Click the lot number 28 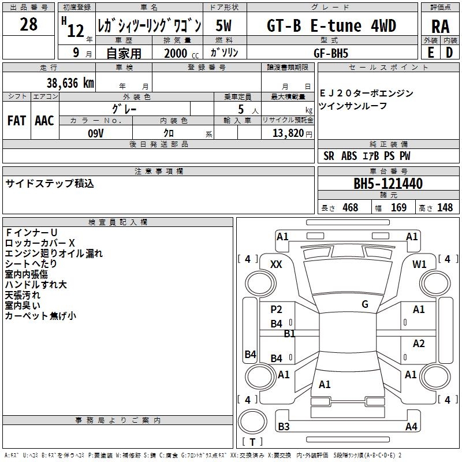[28, 24]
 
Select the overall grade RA [440, 27]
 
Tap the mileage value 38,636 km [70, 83]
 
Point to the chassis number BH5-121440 [388, 184]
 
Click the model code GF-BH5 [330, 53]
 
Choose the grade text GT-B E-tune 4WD [331, 26]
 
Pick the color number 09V [96, 133]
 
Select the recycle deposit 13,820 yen [292, 133]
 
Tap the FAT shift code [17, 121]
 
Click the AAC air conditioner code [44, 121]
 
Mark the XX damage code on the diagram [276, 264]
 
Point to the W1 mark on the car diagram [419, 264]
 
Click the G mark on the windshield [365, 304]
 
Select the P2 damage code [276, 310]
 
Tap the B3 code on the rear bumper [284, 426]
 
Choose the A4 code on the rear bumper [411, 426]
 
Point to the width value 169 [398, 207]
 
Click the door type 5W [223, 25]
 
